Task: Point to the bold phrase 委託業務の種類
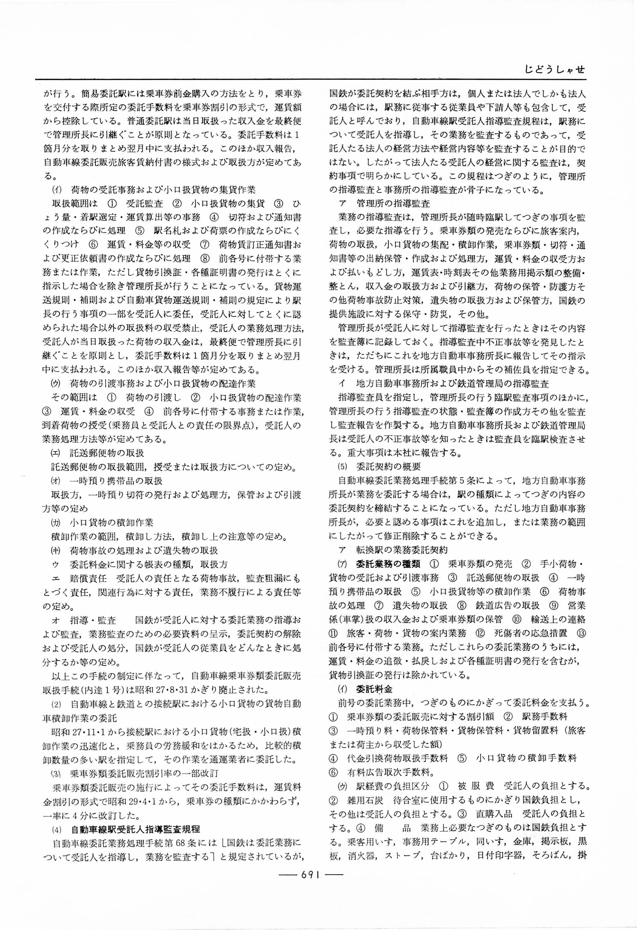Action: [x=388, y=564]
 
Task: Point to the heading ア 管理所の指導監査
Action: [x=384, y=204]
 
